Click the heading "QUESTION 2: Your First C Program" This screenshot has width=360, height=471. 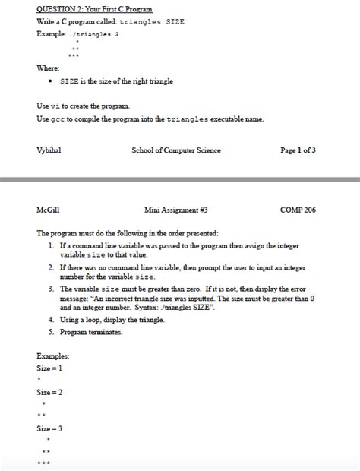pos(94,10)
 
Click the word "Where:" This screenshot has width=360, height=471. pos(48,68)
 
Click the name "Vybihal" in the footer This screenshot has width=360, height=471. pos(50,150)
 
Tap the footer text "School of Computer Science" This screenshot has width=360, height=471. pos(176,150)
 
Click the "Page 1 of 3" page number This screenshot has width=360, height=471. pos(298,150)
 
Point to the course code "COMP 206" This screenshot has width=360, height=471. pos(298,209)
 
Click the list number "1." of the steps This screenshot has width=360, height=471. pos(49,246)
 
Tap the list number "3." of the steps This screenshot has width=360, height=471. pos(49,289)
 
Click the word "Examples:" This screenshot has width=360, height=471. pos(53,356)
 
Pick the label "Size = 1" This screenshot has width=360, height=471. pos(50,368)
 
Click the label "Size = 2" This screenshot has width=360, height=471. pos(50,393)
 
